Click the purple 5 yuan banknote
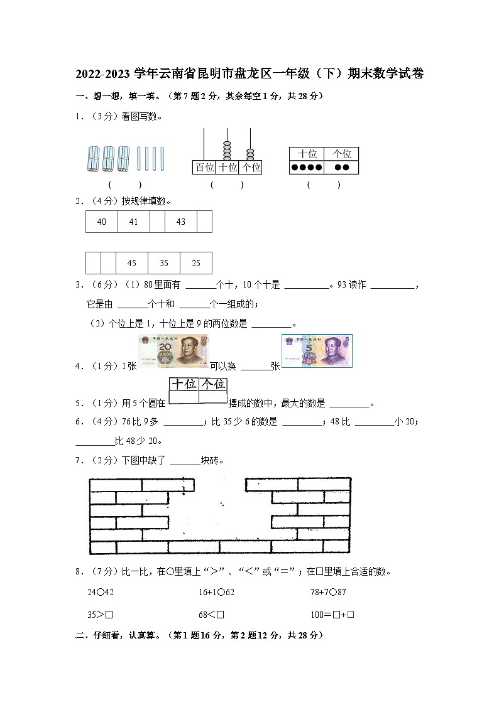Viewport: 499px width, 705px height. point(317,350)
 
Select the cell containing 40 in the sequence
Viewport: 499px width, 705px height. point(102,222)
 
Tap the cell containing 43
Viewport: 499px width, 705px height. point(181,222)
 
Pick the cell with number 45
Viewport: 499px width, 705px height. point(132,263)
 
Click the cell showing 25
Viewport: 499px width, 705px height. point(195,263)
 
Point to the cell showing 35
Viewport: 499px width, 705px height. point(164,263)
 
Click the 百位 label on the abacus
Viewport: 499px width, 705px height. point(204,168)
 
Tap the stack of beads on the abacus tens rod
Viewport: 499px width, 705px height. point(227,151)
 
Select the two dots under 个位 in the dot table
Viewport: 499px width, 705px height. point(341,168)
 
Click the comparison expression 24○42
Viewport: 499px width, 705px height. point(101,592)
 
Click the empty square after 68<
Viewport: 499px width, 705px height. point(221,615)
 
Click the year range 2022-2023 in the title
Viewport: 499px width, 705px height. point(104,74)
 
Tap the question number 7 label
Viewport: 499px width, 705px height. point(79,460)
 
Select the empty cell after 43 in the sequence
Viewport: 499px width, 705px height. point(204,222)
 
